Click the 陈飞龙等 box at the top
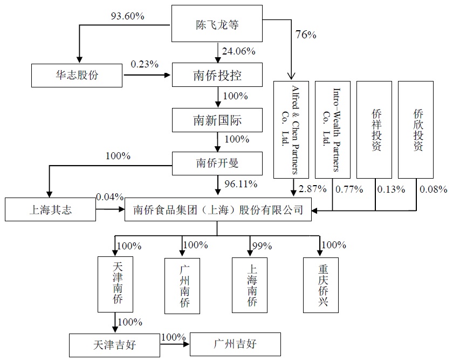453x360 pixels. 217,24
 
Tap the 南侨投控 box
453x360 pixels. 217,75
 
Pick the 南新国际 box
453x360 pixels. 217,120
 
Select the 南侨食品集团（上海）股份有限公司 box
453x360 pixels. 217,210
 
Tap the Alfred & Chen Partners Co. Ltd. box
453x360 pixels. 292,130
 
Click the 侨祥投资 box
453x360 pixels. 375,130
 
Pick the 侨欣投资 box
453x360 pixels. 416,130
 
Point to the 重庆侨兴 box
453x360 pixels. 321,284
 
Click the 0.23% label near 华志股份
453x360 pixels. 144,64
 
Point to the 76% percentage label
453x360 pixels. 305,35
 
